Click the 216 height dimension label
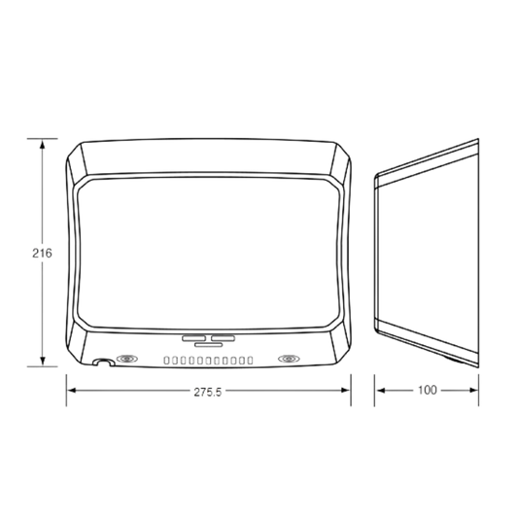[x=42, y=253]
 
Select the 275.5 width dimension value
[x=207, y=392]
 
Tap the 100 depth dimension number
[x=428, y=390]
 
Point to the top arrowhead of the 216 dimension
[x=43, y=145]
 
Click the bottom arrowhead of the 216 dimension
[x=43, y=361]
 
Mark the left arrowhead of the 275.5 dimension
[x=72, y=391]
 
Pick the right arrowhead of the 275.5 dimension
[x=345, y=391]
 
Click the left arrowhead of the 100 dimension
[x=381, y=391]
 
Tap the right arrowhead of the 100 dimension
[x=473, y=391]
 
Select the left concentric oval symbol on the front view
[x=127, y=359]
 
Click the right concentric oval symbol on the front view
[x=289, y=359]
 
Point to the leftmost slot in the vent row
[x=166, y=361]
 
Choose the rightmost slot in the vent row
[x=250, y=361]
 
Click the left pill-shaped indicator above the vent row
[x=193, y=338]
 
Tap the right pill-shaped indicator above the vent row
[x=223, y=338]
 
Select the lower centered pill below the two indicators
[x=208, y=345]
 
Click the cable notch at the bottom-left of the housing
[x=103, y=362]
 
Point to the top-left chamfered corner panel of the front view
[x=78, y=160]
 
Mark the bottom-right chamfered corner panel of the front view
[x=339, y=345]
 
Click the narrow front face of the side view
[x=376, y=252]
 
